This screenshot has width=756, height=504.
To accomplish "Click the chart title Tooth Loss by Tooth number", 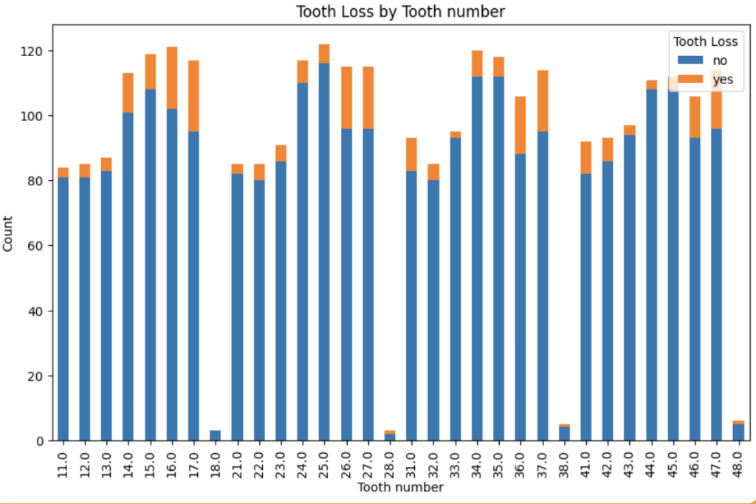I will [x=400, y=12].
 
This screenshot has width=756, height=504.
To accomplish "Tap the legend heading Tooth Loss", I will [x=705, y=41].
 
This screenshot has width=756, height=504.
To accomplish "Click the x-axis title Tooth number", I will [x=400, y=488].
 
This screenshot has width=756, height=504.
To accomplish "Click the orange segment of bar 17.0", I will [x=193, y=96].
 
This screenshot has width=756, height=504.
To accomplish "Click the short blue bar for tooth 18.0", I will [x=216, y=435].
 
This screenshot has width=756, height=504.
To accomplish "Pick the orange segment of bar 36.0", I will [x=520, y=125].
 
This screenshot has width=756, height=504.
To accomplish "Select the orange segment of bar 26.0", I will [x=346, y=98].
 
